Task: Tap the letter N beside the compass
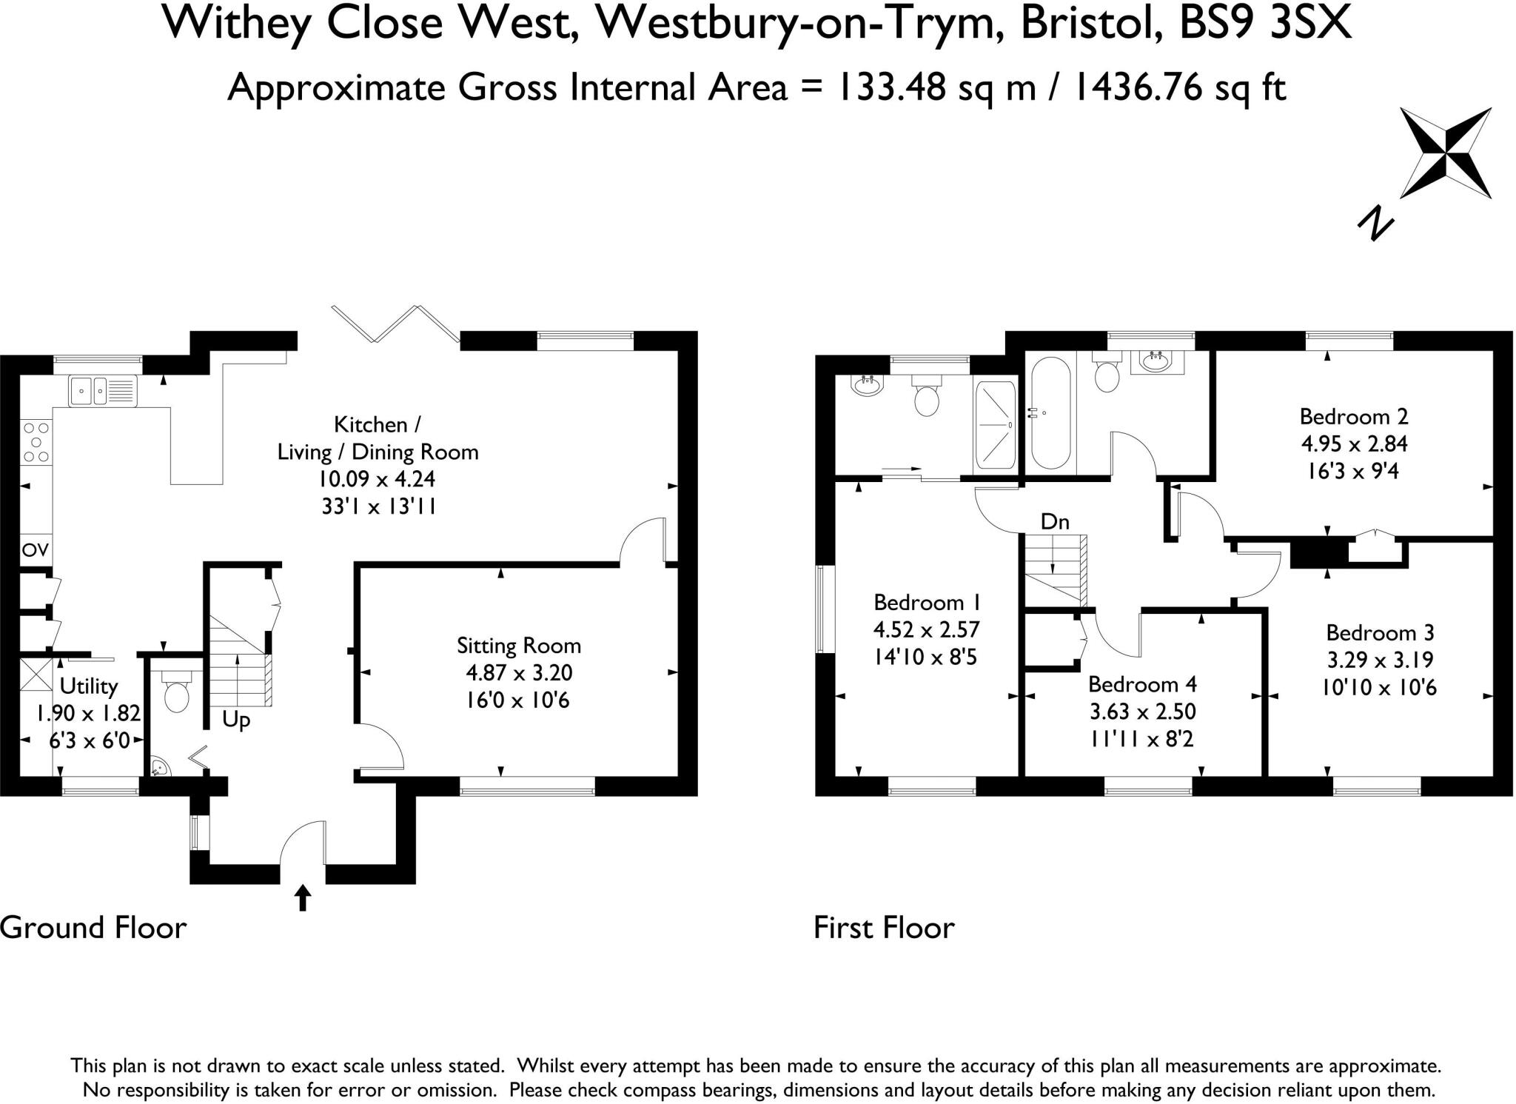coord(1375,224)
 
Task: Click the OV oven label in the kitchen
coord(36,550)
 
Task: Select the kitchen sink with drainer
coord(103,391)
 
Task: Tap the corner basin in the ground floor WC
coord(158,766)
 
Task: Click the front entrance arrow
coord(302,897)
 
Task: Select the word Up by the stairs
coord(236,720)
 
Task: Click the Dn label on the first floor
coord(1055,522)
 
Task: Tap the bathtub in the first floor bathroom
coord(1050,413)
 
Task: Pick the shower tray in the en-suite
coord(996,425)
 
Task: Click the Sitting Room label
coord(518,646)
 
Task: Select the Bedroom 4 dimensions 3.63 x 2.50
coord(1143,712)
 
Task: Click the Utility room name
coord(88,686)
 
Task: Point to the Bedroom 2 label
coord(1354,416)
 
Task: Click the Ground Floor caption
coord(93,928)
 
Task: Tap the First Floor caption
coord(884,928)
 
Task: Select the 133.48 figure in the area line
coord(892,88)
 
